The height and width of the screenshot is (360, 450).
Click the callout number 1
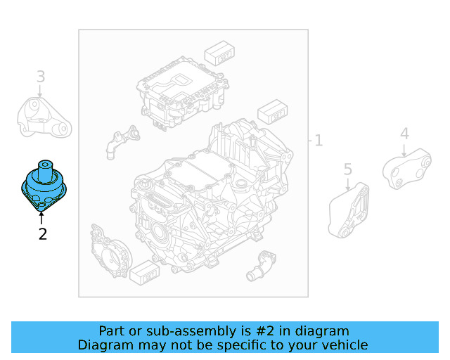319,141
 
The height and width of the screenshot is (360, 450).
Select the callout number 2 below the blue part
43,234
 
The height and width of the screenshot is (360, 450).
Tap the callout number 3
41,76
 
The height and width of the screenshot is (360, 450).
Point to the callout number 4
404,134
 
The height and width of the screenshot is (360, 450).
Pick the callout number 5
347,169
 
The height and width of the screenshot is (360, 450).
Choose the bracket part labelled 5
349,210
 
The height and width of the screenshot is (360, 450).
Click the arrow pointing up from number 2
42,217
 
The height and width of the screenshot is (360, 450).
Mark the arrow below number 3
41,91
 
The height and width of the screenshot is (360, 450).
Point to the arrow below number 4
404,148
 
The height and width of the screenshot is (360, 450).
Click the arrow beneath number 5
348,183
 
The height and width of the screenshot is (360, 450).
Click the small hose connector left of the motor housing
117,141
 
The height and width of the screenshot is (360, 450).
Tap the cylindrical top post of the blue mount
46,169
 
